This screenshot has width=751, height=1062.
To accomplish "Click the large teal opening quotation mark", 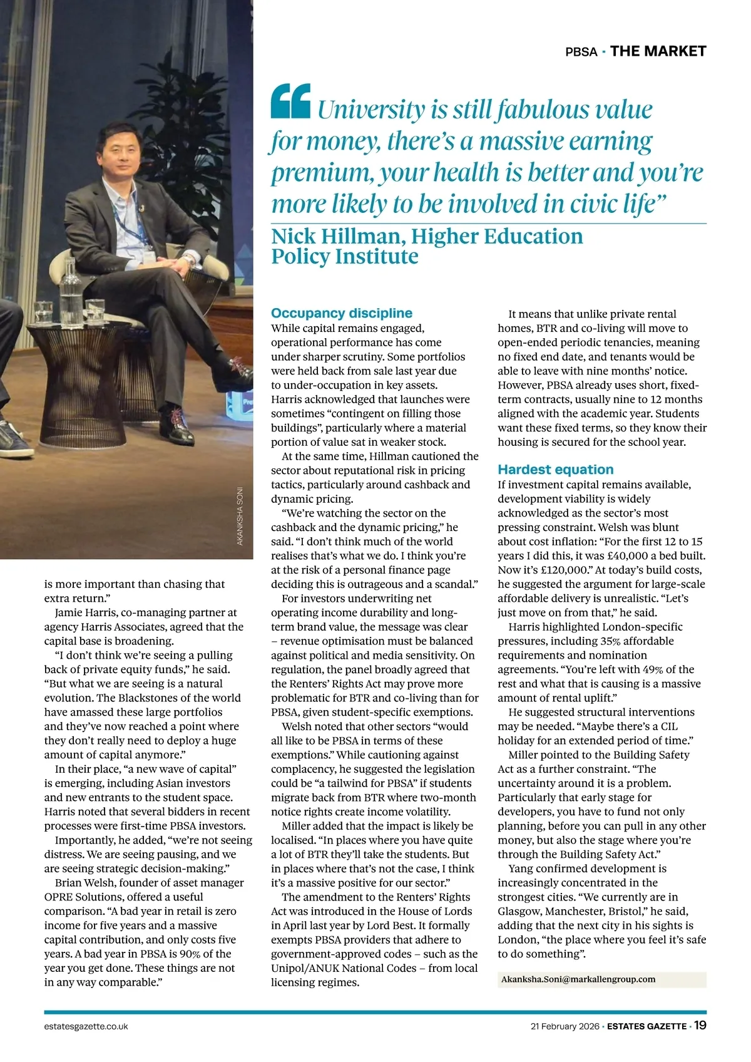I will pyautogui.click(x=290, y=101).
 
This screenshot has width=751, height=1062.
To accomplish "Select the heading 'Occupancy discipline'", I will pyautogui.click(x=342, y=313).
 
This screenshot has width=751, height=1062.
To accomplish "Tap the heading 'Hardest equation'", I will pyautogui.click(x=555, y=470).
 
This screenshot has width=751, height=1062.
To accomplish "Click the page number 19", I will pyautogui.click(x=700, y=1026).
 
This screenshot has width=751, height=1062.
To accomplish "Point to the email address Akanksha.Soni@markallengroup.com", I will pyautogui.click(x=578, y=979).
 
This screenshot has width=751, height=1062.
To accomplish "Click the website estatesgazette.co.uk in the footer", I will pyautogui.click(x=86, y=1026).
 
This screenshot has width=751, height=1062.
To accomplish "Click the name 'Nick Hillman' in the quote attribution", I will pyautogui.click(x=335, y=237).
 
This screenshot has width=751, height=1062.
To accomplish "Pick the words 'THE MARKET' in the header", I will pyautogui.click(x=658, y=51).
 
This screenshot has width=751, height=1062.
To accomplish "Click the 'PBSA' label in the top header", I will pyautogui.click(x=581, y=52).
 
